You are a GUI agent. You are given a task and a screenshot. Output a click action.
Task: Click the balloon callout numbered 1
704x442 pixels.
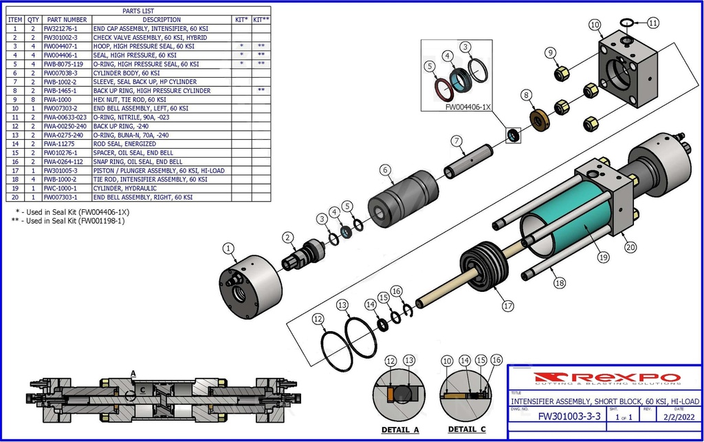point(229,248)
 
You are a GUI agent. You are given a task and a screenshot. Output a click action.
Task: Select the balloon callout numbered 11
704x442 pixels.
point(653,23)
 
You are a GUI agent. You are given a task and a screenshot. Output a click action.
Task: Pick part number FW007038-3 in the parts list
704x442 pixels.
point(65,73)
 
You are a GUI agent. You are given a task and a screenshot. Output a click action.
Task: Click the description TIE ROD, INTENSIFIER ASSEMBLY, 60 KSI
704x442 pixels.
point(150,179)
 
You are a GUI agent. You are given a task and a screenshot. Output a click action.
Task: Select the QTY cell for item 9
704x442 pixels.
point(33,100)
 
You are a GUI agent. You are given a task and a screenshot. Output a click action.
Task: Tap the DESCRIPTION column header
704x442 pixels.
point(162,20)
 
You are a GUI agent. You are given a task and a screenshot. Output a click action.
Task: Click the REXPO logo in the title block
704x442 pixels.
point(607,377)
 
